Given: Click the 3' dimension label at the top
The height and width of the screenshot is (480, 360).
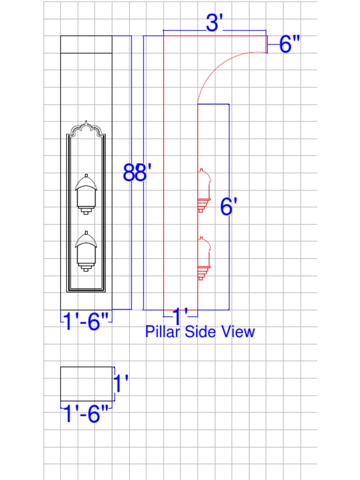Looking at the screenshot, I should [213, 22].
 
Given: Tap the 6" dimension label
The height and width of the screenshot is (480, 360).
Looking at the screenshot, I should [289, 45].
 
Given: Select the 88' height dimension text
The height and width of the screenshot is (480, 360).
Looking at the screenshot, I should [135, 172].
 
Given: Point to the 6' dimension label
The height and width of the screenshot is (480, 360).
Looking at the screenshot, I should [228, 207].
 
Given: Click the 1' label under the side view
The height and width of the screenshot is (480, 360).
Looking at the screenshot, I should [180, 317].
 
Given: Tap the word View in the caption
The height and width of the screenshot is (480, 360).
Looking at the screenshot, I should [238, 332].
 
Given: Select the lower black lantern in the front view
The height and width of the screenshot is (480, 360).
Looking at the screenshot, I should [86, 251].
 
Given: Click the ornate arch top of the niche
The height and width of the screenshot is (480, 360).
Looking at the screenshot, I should [86, 128].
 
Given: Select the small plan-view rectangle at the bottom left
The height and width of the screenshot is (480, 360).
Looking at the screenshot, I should [87, 384].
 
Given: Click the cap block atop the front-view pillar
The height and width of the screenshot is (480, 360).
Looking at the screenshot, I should [86, 44].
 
